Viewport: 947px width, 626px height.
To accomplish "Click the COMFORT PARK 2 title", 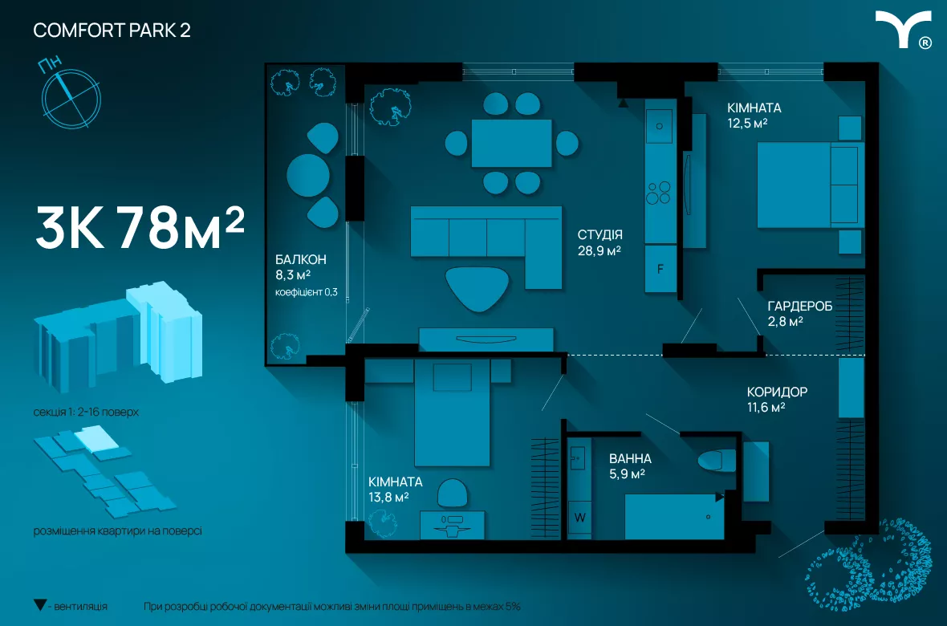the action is click(112, 30).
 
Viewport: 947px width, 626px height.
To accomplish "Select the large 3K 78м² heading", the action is click(140, 228).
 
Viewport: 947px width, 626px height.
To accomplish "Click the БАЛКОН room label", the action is click(301, 259).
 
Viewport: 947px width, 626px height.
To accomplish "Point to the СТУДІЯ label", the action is click(599, 234).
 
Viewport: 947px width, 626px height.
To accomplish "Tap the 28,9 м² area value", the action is click(599, 250).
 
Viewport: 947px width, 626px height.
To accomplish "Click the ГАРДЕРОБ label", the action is click(799, 306).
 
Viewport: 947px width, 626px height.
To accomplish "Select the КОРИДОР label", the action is click(777, 392).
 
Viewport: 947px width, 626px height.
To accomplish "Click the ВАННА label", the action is click(630, 458).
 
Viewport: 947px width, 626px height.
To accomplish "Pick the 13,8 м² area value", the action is click(389, 498).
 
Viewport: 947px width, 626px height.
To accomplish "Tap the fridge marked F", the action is click(660, 269).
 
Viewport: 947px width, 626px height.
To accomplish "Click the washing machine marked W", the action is click(579, 518).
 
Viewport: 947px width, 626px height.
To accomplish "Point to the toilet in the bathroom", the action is click(717, 461).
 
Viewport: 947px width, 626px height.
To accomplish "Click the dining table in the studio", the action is click(511, 143).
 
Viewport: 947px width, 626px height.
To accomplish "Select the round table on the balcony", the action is click(308, 175).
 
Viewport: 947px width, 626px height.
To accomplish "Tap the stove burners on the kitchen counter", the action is click(658, 193).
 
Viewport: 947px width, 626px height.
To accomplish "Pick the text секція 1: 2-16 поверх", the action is click(86, 412).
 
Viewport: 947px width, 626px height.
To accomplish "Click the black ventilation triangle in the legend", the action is click(40, 605).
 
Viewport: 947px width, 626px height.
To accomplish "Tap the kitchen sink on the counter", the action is click(659, 126).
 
